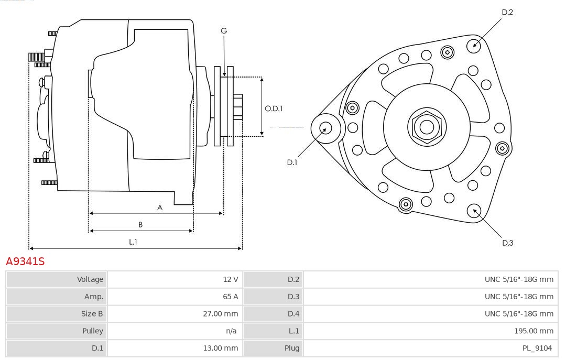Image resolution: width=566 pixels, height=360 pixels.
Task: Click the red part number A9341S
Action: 25,261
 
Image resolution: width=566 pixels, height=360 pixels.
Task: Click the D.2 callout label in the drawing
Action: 507,12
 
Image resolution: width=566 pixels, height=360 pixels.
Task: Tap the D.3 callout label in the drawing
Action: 507,243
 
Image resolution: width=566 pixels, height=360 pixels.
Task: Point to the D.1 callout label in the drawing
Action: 292,162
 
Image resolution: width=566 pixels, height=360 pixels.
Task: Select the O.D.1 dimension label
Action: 274,108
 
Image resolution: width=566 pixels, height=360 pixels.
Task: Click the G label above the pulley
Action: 224,31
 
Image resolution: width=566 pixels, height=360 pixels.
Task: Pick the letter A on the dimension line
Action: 160,208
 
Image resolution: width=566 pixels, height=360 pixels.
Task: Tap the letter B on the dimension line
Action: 140,225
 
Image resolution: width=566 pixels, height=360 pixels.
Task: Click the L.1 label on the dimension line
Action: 133,242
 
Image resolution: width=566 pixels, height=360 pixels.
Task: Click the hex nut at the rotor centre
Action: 427,126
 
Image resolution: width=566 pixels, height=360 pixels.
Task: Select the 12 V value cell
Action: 231,279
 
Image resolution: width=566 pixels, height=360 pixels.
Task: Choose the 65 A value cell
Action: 231,297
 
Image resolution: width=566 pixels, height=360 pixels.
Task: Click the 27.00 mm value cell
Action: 221,314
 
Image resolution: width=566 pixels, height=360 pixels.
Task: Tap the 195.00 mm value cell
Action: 534,331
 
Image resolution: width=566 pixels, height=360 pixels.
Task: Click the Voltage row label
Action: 90,279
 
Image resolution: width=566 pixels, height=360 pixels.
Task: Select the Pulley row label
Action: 93,331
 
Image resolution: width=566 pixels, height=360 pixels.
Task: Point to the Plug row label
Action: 292,348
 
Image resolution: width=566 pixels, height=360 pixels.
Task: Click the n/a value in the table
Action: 231,331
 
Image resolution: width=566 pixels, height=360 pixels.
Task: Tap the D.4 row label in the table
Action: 293,314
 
